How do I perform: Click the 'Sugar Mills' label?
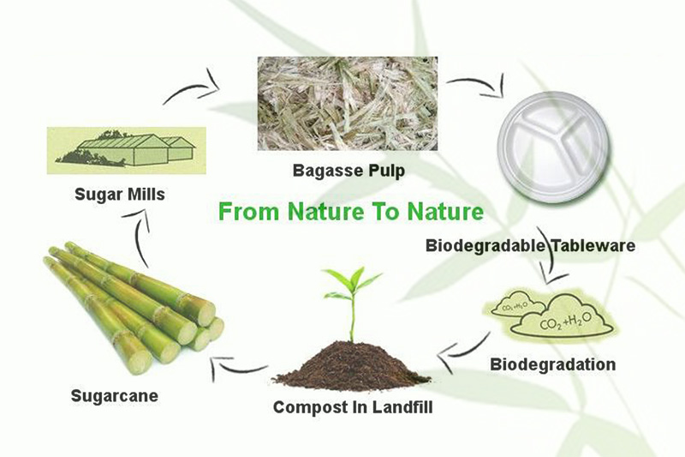tap(119, 195)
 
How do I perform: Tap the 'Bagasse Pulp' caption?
tap(348, 171)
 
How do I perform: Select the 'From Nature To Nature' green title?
tap(350, 211)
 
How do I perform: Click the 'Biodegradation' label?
tap(552, 364)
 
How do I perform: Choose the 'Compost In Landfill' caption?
tap(353, 407)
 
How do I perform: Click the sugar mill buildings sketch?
tap(126, 147)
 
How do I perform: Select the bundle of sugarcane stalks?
tap(133, 304)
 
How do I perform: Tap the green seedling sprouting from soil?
tap(352, 296)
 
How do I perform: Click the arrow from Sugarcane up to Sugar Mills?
tap(141, 240)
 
